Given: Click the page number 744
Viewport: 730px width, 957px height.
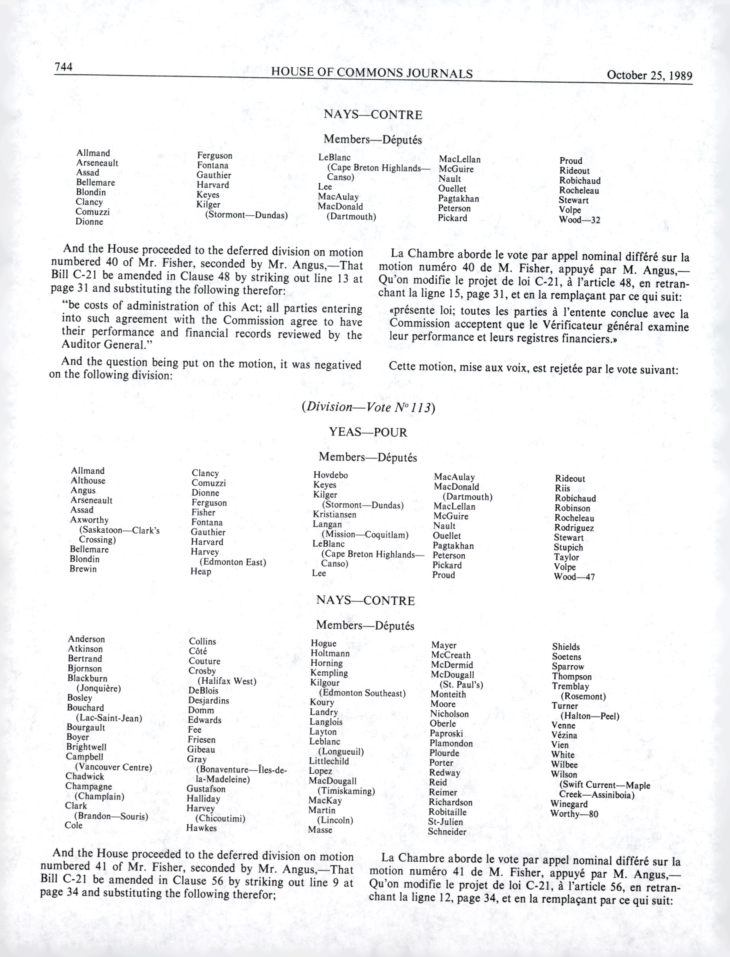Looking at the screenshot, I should tap(63, 67).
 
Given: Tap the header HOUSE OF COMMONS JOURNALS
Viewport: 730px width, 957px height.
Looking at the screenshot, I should tap(372, 73).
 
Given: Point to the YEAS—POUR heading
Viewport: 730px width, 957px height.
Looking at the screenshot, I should tap(368, 433).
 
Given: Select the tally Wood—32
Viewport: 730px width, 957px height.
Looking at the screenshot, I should tap(579, 220).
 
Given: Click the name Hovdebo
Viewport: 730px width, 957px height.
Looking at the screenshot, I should tap(331, 475).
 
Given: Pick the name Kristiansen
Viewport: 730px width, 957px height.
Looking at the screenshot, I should tap(335, 515).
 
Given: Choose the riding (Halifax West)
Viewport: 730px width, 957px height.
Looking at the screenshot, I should tap(227, 681).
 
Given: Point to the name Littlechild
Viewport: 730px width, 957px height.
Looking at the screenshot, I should tap(329, 761).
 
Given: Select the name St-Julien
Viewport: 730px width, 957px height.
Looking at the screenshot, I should tap(445, 822).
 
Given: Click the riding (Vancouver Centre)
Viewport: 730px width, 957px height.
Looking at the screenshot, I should tap(113, 767).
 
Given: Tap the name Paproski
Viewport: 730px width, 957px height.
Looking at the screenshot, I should tap(446, 733).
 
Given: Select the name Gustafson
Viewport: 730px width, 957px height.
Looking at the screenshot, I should tap(206, 789).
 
